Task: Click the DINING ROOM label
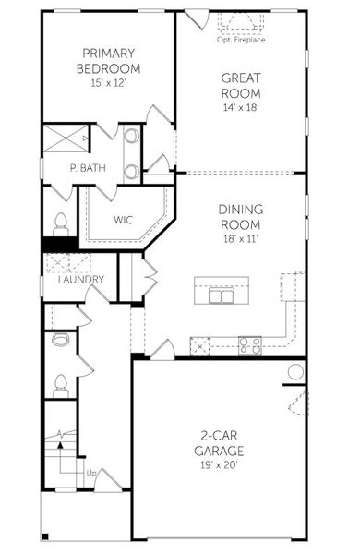click(x=240, y=217)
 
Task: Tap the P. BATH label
click(x=85, y=169)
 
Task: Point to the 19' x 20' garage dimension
click(x=219, y=465)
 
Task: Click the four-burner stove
click(x=249, y=346)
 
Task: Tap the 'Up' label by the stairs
click(x=90, y=474)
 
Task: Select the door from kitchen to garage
click(x=162, y=350)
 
